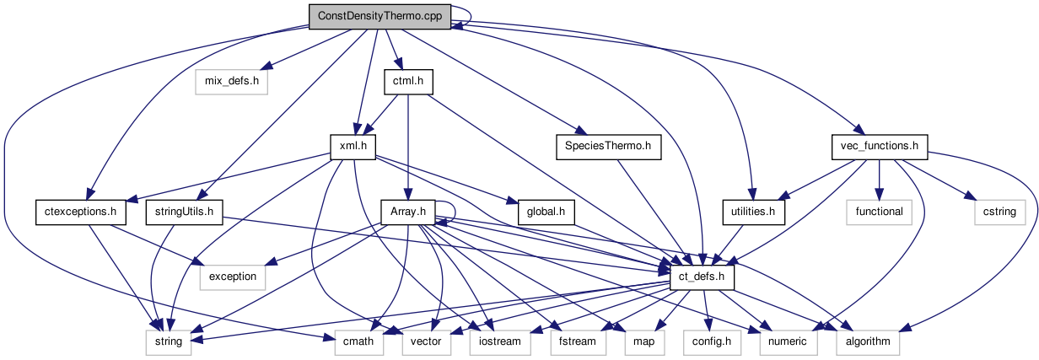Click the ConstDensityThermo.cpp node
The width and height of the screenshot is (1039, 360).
click(x=380, y=17)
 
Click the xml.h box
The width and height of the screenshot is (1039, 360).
click(x=352, y=146)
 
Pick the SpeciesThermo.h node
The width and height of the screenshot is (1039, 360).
click(x=608, y=146)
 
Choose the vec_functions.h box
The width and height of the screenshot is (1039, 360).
click(x=879, y=146)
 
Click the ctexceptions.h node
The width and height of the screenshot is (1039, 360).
click(x=81, y=211)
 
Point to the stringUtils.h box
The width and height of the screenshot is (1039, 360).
click(x=183, y=211)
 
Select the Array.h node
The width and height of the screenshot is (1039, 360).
click(x=408, y=211)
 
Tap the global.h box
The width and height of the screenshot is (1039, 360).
click(x=546, y=211)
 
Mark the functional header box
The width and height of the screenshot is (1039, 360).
click(x=879, y=211)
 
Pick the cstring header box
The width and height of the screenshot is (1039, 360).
click(x=1000, y=211)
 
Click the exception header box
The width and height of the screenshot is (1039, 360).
click(x=233, y=276)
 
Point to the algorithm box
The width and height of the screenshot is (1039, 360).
click(x=868, y=341)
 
